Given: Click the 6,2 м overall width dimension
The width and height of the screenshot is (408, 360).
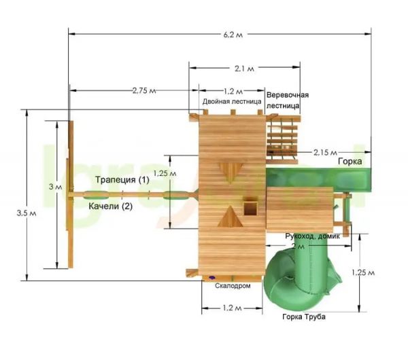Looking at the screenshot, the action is [233, 35].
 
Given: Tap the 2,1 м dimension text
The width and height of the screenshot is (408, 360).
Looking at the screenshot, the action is [244, 69].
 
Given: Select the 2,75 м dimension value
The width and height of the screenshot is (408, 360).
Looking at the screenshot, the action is [144, 90].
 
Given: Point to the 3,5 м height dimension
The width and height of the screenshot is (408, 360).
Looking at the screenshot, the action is [27, 213].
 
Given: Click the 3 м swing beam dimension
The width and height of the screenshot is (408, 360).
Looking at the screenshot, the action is [56, 187].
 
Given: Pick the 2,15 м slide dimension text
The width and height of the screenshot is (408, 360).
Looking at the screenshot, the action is [325, 152].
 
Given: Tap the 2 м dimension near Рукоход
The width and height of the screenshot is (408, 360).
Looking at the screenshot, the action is [298, 246].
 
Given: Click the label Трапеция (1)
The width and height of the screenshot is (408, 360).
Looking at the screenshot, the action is [122, 179].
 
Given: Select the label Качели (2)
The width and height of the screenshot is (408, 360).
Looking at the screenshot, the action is [111, 206].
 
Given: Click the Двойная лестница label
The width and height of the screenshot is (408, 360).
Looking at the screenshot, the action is [232, 101].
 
